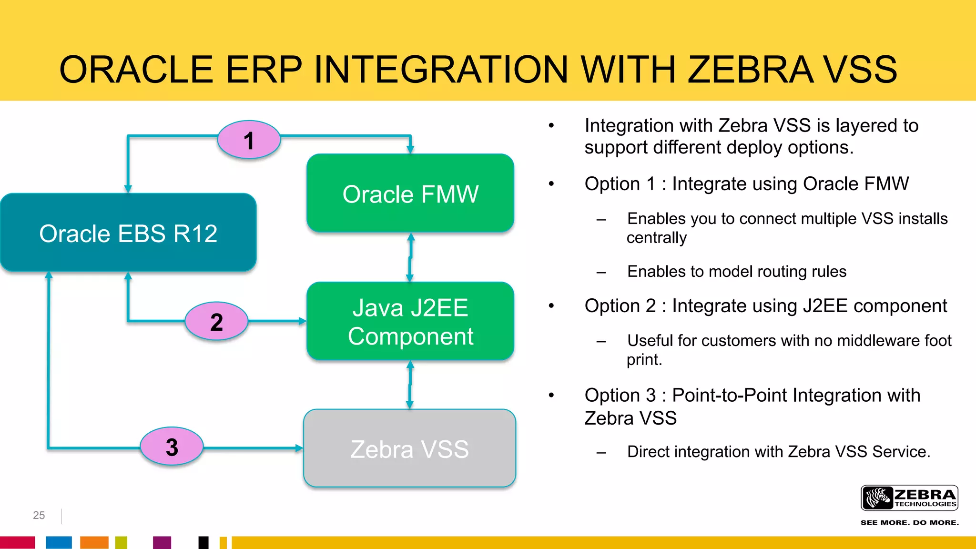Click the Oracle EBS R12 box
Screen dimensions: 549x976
pyautogui.click(x=128, y=233)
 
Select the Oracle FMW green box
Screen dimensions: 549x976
pyautogui.click(x=410, y=193)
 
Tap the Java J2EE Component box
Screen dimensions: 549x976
pyautogui.click(x=410, y=322)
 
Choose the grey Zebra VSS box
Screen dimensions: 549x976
pyautogui.click(x=409, y=448)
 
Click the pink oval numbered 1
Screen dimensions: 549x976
pyautogui.click(x=249, y=140)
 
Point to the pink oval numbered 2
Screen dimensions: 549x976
pyautogui.click(x=216, y=322)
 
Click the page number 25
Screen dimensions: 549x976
pyautogui.click(x=39, y=515)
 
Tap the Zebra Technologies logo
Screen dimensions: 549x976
pyautogui.click(x=909, y=498)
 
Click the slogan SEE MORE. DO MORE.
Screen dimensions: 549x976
pyautogui.click(x=909, y=523)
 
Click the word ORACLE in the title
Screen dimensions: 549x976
pyautogui.click(x=136, y=70)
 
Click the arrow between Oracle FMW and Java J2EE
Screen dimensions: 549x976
pyautogui.click(x=410, y=257)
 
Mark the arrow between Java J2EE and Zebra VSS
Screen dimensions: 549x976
pyautogui.click(x=410, y=385)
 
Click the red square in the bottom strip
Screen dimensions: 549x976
pyautogui.click(x=17, y=542)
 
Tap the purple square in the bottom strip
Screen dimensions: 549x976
pyautogui.click(x=162, y=542)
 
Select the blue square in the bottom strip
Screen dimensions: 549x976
pyautogui.click(x=59, y=542)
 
